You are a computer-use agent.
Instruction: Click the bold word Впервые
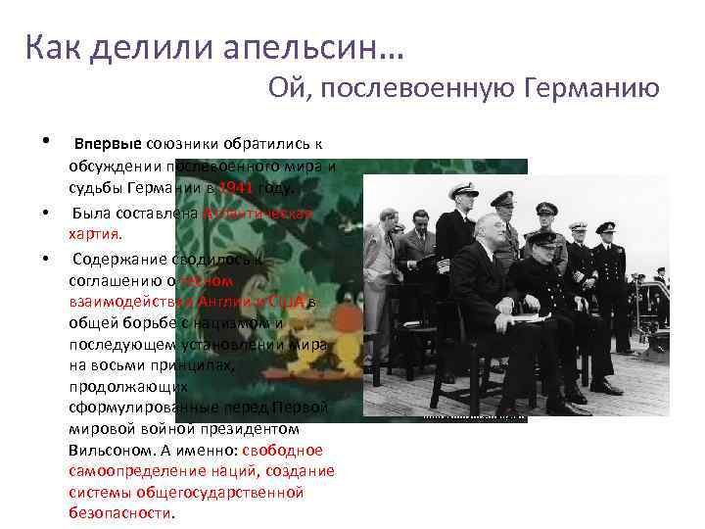(109, 145)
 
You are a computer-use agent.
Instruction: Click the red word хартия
(96, 234)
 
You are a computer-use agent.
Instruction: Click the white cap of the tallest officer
(463, 190)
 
